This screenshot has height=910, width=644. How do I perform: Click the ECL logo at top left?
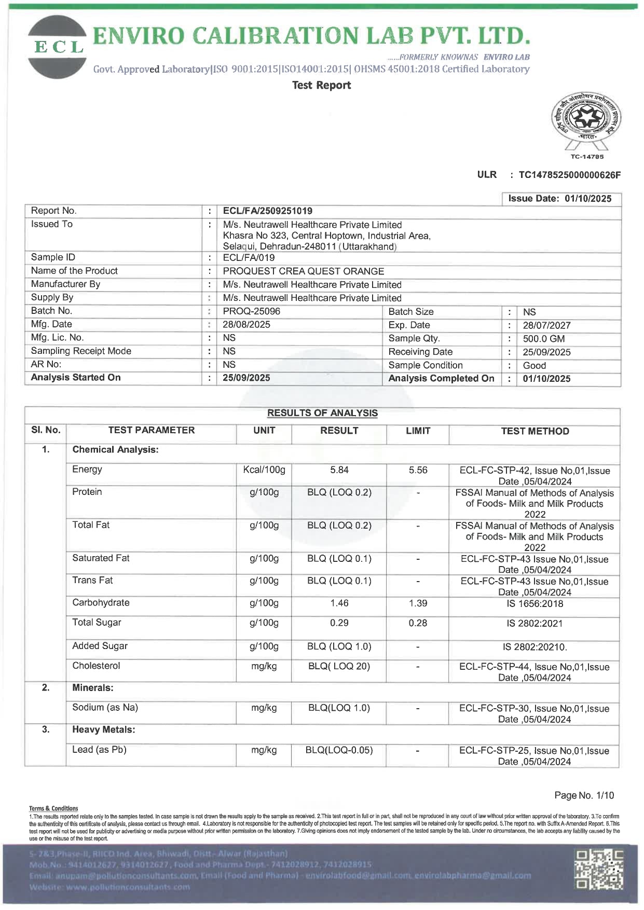[x=58, y=47]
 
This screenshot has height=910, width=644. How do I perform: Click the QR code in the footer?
[x=599, y=869]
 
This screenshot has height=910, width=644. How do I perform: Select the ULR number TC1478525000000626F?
[x=569, y=175]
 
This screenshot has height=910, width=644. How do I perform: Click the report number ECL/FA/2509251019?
[x=267, y=211]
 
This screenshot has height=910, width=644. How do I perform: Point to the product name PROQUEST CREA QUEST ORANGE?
[x=303, y=271]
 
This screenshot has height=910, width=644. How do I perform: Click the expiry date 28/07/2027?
[x=546, y=325]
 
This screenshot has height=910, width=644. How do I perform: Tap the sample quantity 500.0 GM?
[x=543, y=339]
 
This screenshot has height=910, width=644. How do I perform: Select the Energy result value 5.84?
[x=339, y=470]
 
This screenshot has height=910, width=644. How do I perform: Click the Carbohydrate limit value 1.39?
[x=418, y=603]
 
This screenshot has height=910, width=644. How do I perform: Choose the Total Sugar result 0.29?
[x=339, y=623]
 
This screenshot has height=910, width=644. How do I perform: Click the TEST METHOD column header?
[x=535, y=431]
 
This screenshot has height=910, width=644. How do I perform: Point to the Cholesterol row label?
[x=96, y=666]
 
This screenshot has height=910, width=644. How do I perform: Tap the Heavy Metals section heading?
[x=103, y=729]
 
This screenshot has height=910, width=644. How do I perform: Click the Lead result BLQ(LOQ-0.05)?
[x=339, y=750]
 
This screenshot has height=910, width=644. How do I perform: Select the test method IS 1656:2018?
[x=535, y=604]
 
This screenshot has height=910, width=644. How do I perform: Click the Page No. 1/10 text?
[x=584, y=795]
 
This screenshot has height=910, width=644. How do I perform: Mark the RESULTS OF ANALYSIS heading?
[x=322, y=413]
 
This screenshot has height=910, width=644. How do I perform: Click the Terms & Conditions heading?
[x=53, y=808]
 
